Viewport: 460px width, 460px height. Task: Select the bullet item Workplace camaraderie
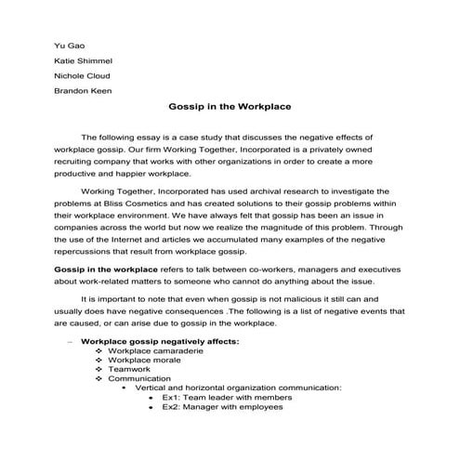[x=158, y=351]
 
